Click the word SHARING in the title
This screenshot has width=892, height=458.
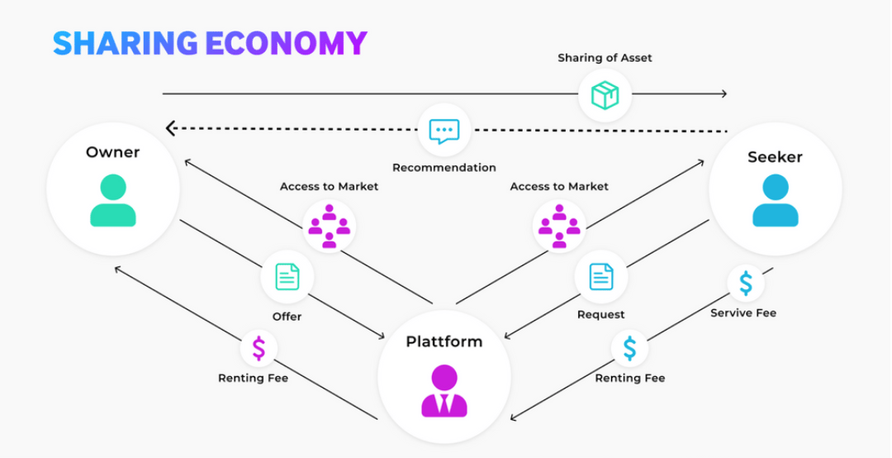pos(126,43)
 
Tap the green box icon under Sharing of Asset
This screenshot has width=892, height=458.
pos(605,95)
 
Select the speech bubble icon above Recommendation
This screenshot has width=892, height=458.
pos(444,131)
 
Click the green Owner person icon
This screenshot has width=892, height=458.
pos(113,201)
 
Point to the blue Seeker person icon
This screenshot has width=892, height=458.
pos(776,201)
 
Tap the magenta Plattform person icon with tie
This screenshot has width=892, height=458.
pos(444,391)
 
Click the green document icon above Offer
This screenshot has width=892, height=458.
pos(287,277)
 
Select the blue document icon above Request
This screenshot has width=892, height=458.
pos(601,277)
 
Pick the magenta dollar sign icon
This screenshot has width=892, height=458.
pos(259,348)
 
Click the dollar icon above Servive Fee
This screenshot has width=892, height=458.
pos(745,283)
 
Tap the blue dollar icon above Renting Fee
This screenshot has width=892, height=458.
pos(629,348)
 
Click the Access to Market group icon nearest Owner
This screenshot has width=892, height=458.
pos(329,227)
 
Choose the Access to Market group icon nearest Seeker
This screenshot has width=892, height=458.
pos(559,227)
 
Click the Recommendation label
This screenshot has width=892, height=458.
pos(444,168)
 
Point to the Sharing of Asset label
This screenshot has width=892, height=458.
pos(605,58)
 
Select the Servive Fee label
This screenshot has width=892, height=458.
pos(743,312)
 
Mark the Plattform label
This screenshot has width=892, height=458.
pos(444,341)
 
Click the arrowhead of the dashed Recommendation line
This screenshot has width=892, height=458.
pos(169,128)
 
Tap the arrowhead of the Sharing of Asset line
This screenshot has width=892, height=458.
pos(724,93)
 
